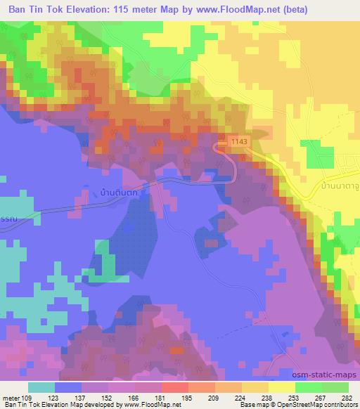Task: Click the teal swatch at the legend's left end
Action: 41,387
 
